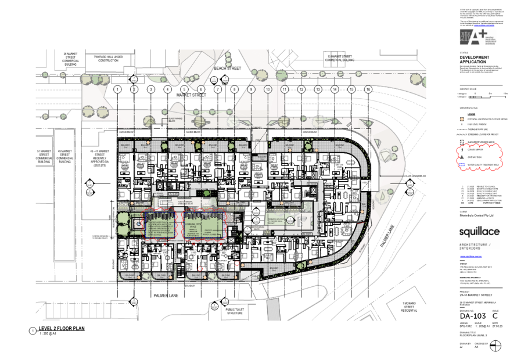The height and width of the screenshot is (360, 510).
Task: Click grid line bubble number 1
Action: (117, 89)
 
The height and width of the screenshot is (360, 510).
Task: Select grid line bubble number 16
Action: (368, 89)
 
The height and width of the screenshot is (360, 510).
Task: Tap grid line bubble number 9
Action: (252, 89)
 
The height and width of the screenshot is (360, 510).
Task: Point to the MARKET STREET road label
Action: (192, 95)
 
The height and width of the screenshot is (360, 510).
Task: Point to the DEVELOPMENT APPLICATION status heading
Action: (474, 59)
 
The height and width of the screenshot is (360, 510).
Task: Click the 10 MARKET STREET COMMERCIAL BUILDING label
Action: (340, 58)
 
